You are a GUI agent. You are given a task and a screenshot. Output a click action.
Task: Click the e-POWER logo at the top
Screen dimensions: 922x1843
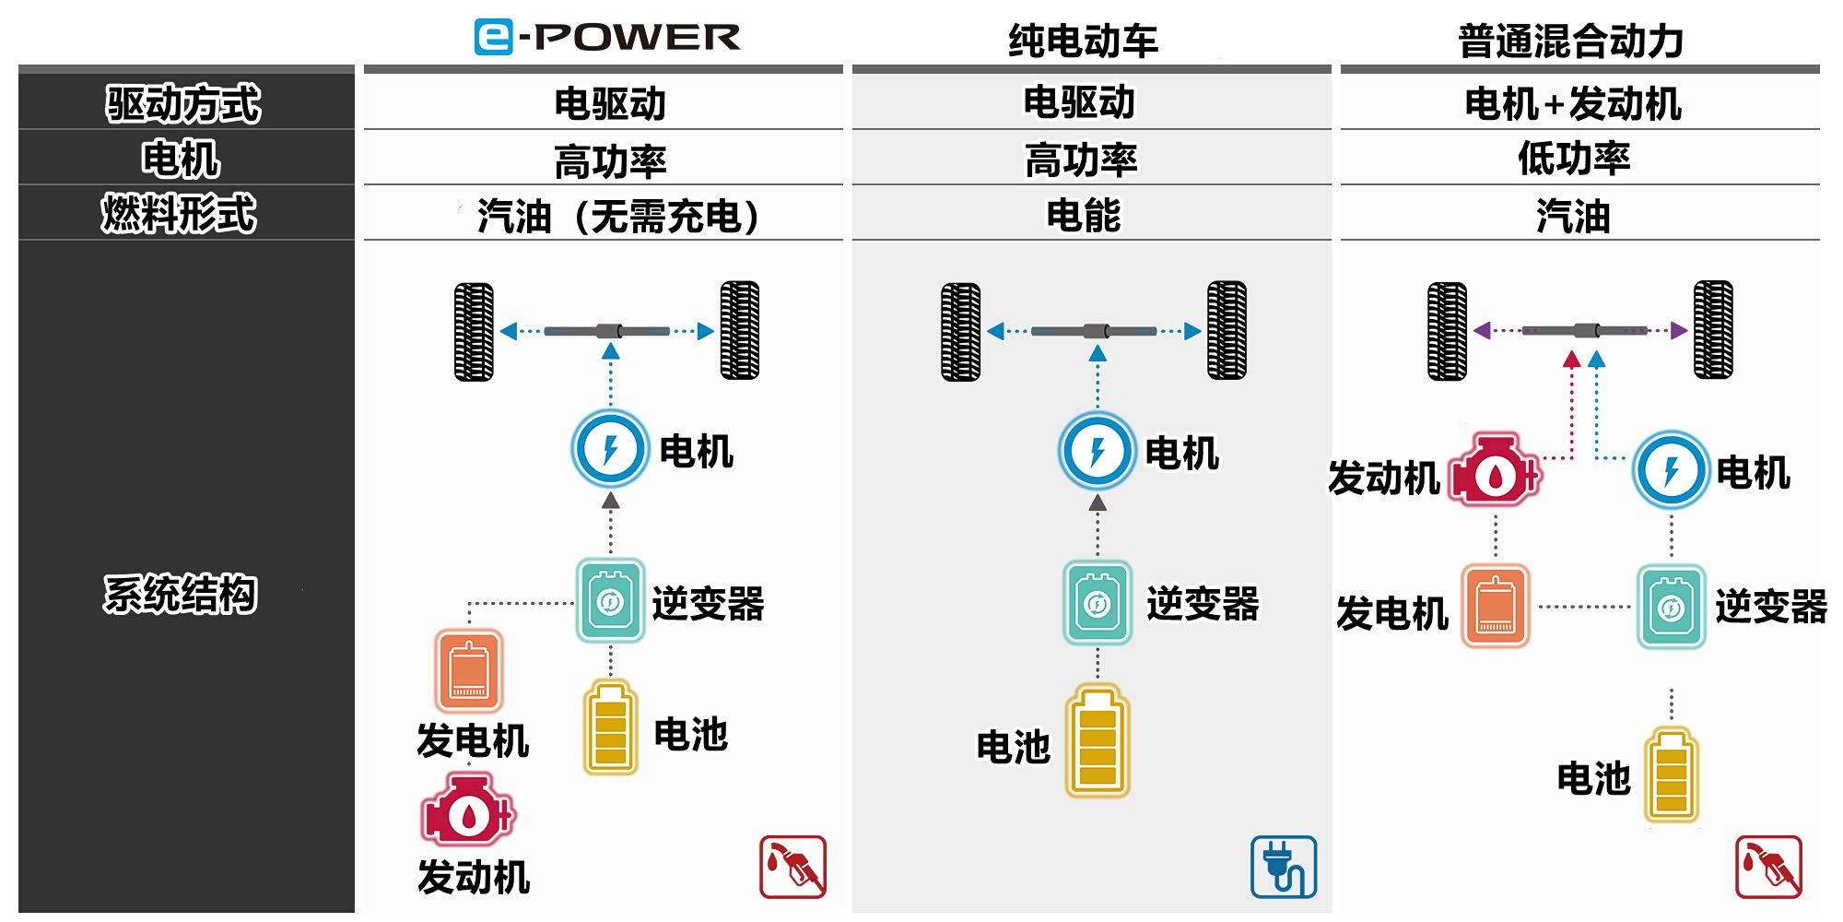(x=606, y=37)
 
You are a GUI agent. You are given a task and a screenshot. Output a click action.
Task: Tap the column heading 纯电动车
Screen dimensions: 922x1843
(x=1083, y=41)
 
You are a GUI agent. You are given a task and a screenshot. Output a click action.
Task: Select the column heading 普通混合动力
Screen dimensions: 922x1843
(x=1570, y=41)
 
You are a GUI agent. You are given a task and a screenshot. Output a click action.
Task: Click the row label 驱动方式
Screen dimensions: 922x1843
(x=183, y=102)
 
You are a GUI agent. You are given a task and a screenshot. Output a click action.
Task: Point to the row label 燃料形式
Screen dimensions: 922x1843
(x=179, y=214)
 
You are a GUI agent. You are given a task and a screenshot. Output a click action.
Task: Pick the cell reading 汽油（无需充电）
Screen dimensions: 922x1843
(x=618, y=217)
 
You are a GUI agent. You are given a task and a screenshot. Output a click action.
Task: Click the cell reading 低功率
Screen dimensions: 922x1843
(x=1574, y=159)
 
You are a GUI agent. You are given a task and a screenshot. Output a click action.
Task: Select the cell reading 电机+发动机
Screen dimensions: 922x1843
(x=1573, y=103)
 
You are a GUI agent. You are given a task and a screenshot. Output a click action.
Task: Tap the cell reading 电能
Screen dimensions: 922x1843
(x=1084, y=216)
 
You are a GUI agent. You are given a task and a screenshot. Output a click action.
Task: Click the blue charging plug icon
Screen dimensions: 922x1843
(x=1283, y=867)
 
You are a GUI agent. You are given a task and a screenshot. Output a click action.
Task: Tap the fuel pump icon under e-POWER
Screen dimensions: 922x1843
(x=792, y=867)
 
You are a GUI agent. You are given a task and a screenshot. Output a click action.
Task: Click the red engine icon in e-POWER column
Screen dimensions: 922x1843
(x=467, y=810)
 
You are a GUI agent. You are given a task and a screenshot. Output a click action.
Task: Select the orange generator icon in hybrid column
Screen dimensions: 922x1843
(x=1495, y=606)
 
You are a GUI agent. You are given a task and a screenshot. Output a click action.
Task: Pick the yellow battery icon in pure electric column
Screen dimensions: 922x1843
(x=1097, y=740)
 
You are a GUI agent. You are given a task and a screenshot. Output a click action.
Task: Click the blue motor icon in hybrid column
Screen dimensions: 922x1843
(x=1671, y=470)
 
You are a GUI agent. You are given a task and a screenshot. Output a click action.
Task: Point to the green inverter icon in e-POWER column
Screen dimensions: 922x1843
(x=610, y=601)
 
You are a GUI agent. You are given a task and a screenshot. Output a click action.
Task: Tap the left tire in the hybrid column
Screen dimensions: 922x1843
(x=1447, y=331)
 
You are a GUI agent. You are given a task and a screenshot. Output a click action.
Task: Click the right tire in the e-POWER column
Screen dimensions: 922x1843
(x=740, y=330)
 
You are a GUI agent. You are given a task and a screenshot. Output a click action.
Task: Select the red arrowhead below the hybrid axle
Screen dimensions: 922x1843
(x=1572, y=360)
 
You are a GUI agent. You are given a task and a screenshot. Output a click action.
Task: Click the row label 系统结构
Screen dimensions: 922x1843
(x=180, y=593)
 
